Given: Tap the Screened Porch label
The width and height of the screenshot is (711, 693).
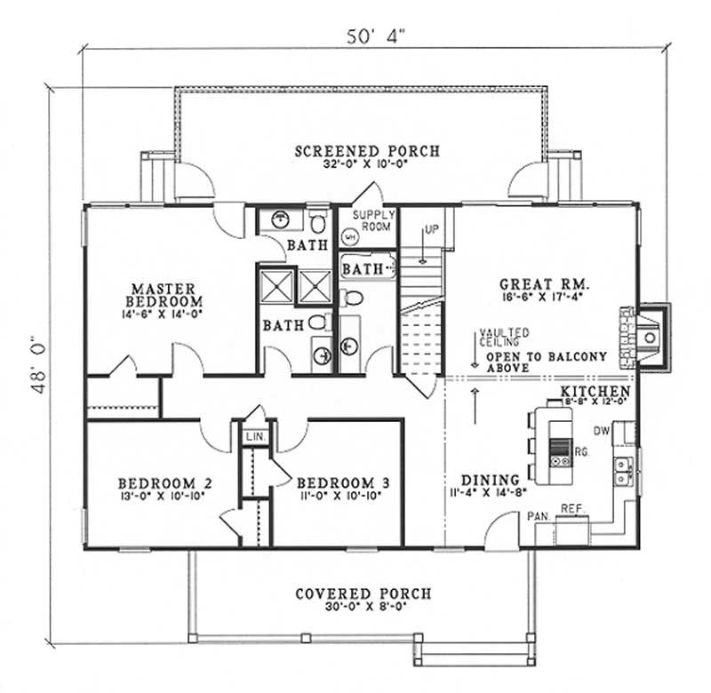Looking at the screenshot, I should tap(367, 151).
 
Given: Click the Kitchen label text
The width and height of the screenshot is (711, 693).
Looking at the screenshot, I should tap(595, 391).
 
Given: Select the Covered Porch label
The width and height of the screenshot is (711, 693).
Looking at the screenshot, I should tap(363, 593).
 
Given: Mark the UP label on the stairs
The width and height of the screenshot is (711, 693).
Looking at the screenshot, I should tap(432, 229).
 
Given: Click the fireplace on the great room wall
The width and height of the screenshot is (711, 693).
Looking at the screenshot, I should tap(649, 334).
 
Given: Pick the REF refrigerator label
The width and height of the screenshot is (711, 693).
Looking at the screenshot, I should tap(571, 509).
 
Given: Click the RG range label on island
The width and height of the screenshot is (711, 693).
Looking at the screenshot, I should tap(581, 452).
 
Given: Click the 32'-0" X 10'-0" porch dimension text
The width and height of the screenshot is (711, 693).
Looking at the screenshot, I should tap(367, 165).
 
